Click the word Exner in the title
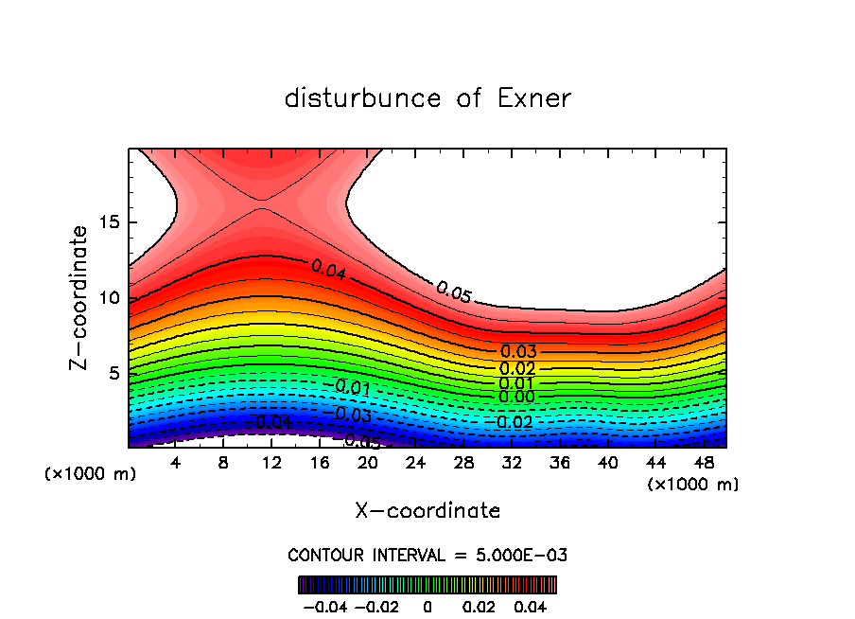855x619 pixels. [534, 98]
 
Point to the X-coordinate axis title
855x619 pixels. [427, 511]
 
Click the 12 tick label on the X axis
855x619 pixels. [271, 463]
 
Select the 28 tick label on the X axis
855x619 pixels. [463, 463]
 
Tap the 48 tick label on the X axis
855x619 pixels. [703, 463]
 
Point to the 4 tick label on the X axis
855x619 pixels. [176, 463]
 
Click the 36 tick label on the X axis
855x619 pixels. [559, 463]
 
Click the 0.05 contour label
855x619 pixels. [454, 292]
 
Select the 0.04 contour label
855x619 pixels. [328, 269]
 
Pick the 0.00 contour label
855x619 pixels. [517, 397]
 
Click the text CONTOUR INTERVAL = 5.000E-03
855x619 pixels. [427, 555]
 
